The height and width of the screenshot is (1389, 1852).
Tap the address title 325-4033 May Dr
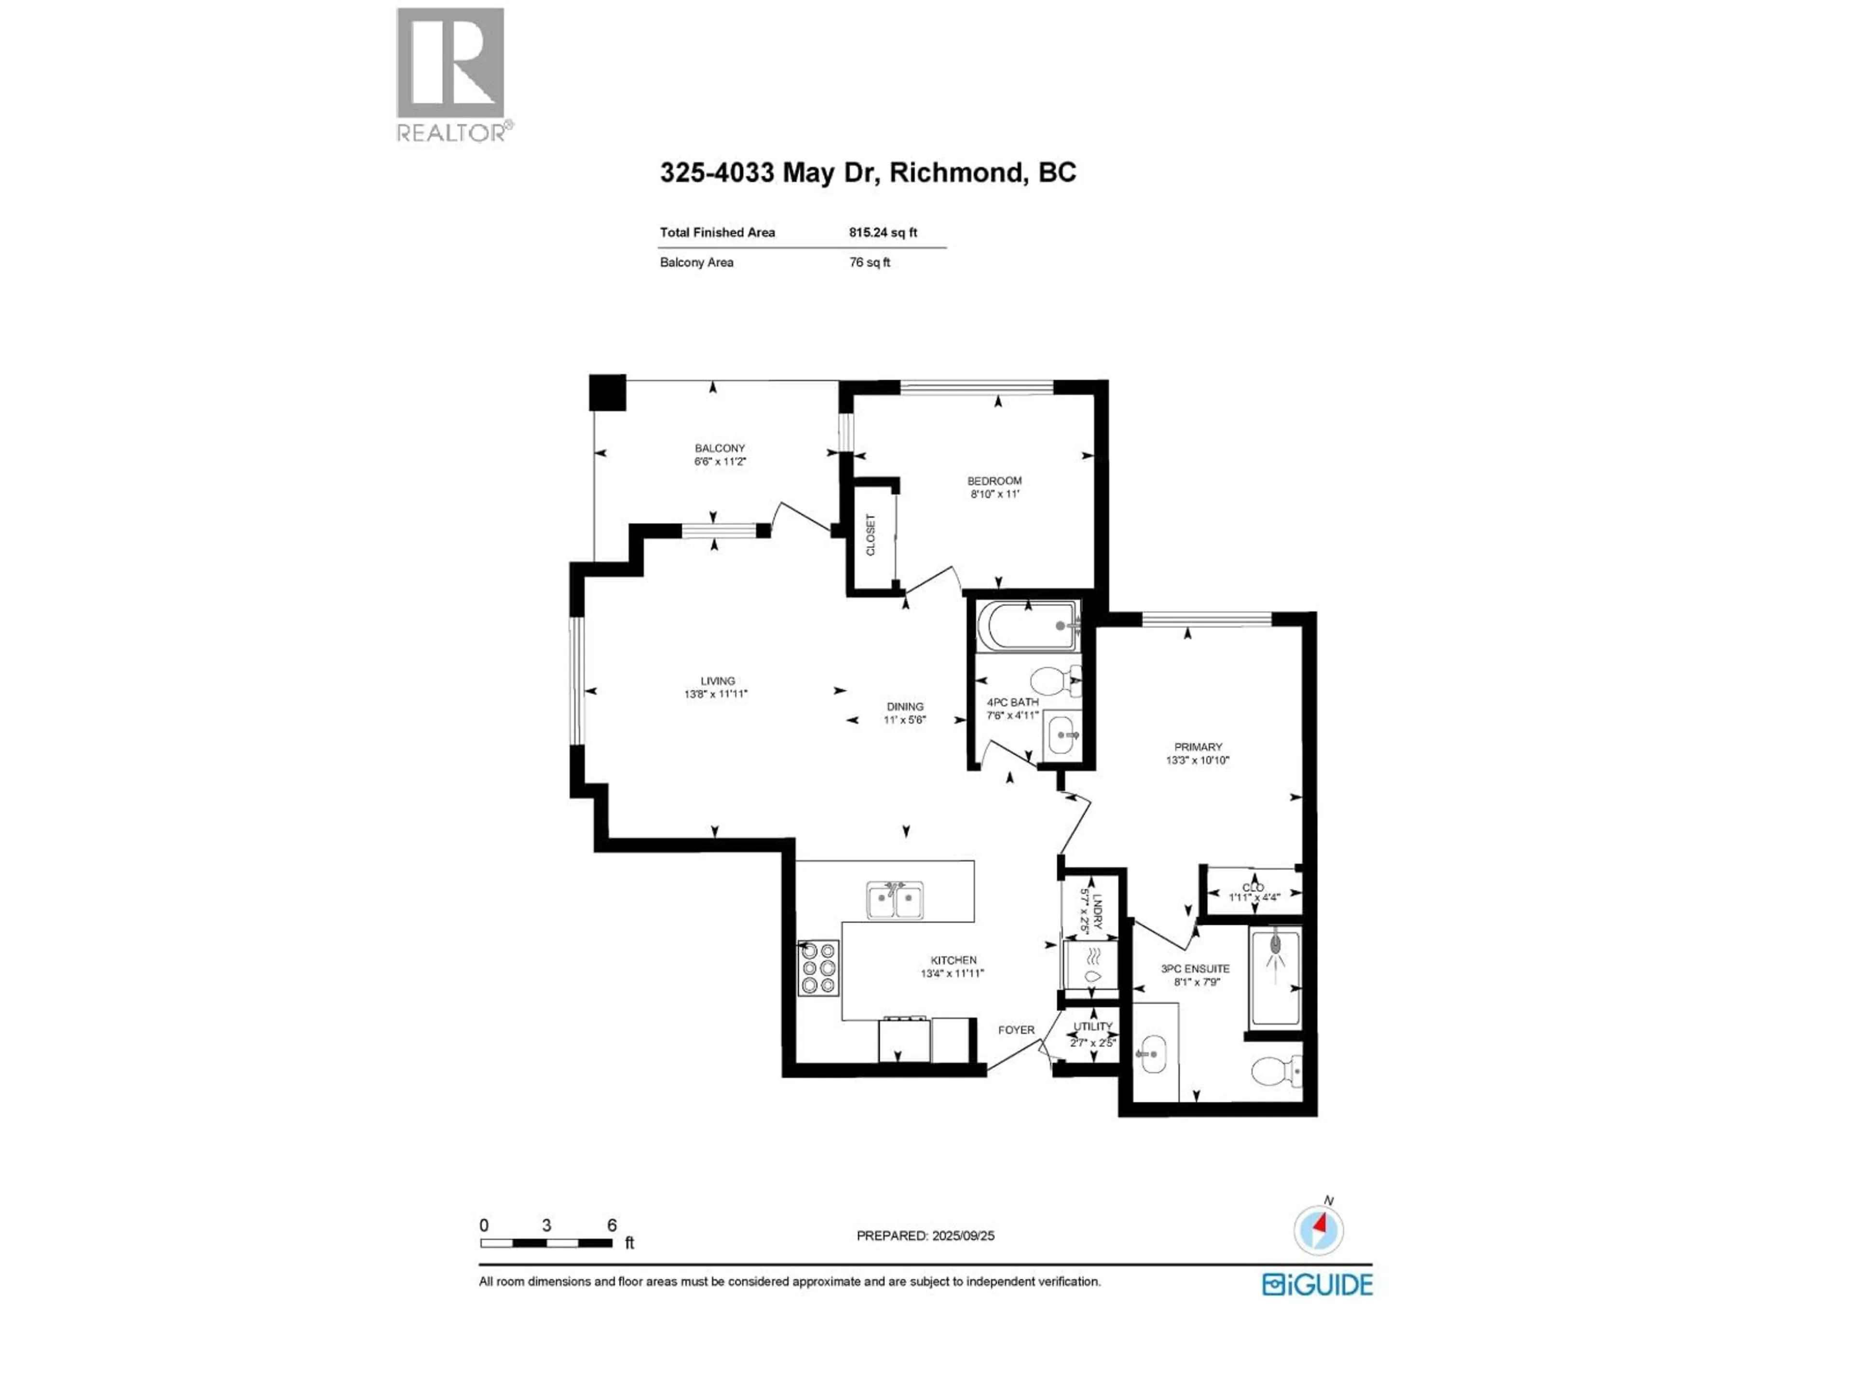(x=867, y=173)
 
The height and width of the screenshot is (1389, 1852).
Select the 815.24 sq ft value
(x=883, y=233)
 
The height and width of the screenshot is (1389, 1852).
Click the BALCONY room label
(x=719, y=449)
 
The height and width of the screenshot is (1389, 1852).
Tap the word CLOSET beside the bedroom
(x=871, y=534)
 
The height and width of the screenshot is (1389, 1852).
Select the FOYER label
(x=1016, y=1030)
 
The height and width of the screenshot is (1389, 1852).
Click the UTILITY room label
(x=1092, y=1026)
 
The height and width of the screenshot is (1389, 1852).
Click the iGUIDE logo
(x=1317, y=1284)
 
